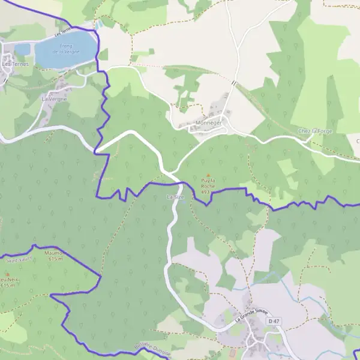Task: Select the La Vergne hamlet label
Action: pyautogui.click(x=53, y=98)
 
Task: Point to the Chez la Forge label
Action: pyautogui.click(x=314, y=131)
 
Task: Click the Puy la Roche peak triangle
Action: pyautogui.click(x=208, y=175)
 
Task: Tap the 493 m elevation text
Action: pyautogui.click(x=206, y=192)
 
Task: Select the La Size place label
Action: pyautogui.click(x=175, y=197)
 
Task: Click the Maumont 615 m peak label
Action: pyautogui.click(x=55, y=256)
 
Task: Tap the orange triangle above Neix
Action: pyautogui.click(x=8, y=274)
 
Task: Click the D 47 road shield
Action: pyautogui.click(x=274, y=322)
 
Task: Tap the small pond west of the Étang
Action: pyautogui.click(x=22, y=49)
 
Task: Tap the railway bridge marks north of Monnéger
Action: pyautogui.click(x=234, y=83)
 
